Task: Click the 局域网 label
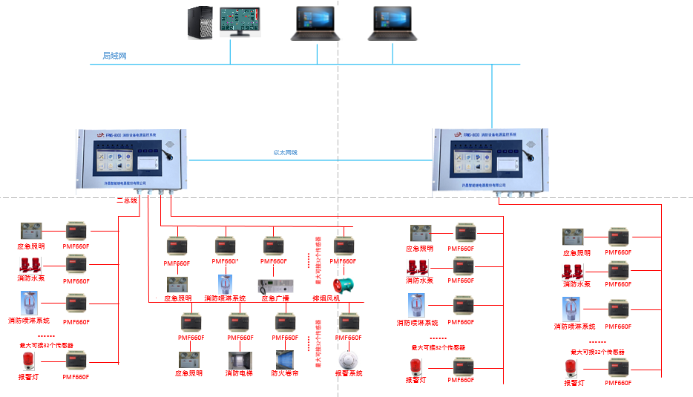(x=115, y=56)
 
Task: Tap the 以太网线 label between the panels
(x=286, y=153)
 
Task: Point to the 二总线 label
(x=128, y=200)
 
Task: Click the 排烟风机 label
(x=346, y=298)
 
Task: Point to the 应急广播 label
(x=274, y=298)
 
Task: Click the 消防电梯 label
(x=240, y=374)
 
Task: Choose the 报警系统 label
(x=348, y=374)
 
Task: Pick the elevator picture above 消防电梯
(x=240, y=359)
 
